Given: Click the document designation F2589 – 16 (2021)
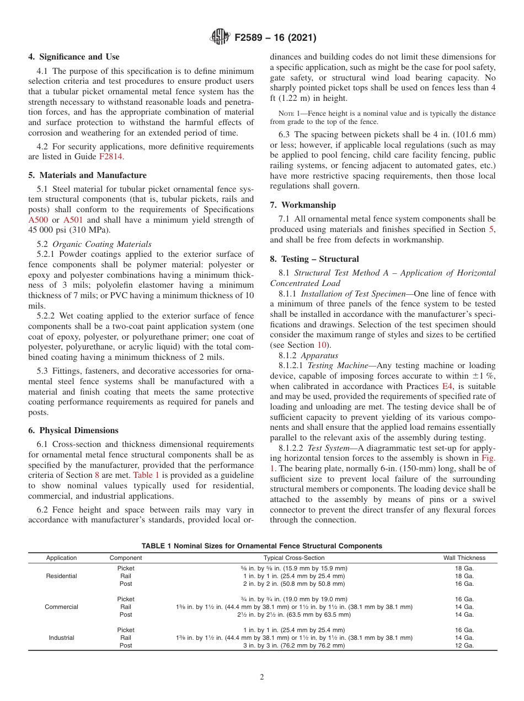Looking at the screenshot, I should pos(275,38).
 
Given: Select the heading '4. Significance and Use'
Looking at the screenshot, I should pos(74,57).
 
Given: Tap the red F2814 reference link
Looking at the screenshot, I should pos(111,157).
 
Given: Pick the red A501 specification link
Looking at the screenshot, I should pos(74,219).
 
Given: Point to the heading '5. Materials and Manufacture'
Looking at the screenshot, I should pos(87,175).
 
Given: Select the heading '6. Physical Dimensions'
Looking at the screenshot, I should pos(73,430).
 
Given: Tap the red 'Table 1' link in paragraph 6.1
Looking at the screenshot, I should pos(146,475).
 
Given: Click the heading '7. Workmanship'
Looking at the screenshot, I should pos(303,205).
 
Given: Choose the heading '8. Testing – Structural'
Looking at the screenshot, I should pos(314,258).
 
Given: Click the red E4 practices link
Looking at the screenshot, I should pos(447,387).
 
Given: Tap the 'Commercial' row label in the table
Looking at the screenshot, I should pos(61,607).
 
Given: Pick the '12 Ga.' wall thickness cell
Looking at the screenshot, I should pos(464,645).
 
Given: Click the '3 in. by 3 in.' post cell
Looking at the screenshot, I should pos(294,645).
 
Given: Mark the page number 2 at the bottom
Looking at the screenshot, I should pos(262,677).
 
